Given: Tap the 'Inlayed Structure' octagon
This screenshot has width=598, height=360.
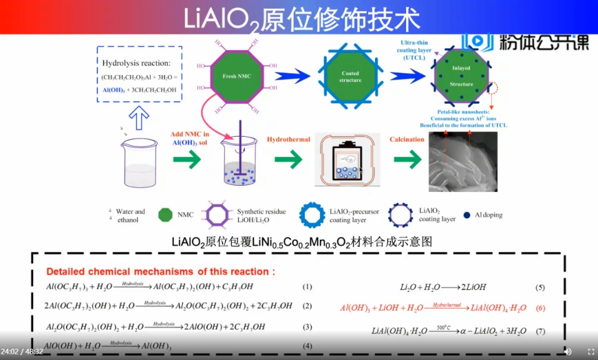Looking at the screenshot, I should [x=461, y=77].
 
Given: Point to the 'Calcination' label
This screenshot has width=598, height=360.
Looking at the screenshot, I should [x=407, y=139].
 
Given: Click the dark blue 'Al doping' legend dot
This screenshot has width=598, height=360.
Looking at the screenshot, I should [x=467, y=215].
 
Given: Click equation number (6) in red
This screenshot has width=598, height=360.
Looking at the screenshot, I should [x=540, y=308].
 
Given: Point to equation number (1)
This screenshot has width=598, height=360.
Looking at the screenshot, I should [x=307, y=287].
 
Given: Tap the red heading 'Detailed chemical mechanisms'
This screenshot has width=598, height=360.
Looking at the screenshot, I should [x=160, y=272].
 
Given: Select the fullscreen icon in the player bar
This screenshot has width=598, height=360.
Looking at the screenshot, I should [x=591, y=351].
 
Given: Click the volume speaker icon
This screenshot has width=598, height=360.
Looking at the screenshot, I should [x=567, y=351].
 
